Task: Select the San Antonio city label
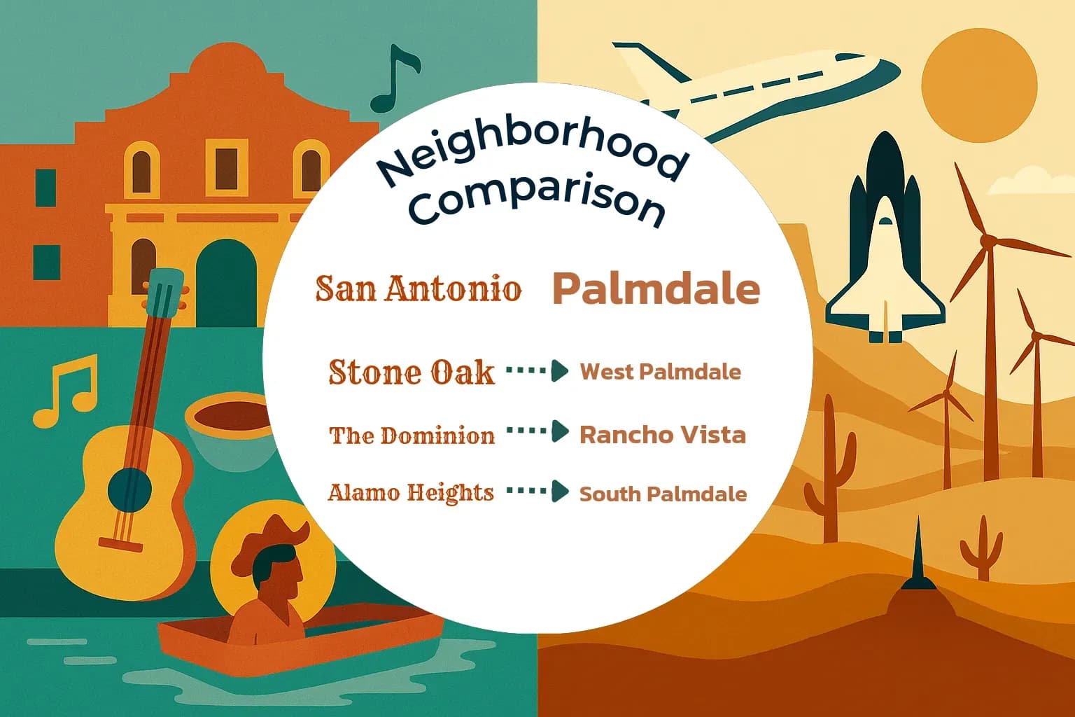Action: click(x=419, y=288)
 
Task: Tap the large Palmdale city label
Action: click(x=656, y=288)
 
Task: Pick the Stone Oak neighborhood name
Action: click(x=412, y=372)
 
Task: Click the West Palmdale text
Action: click(x=660, y=371)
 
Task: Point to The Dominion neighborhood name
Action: click(x=412, y=436)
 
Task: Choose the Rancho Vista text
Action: click(x=662, y=435)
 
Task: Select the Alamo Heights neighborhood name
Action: click(x=411, y=492)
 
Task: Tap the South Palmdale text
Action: click(x=663, y=494)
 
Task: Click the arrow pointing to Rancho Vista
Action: click(x=537, y=432)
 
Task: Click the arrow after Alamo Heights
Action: click(x=537, y=492)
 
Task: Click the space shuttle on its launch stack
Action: click(x=885, y=245)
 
